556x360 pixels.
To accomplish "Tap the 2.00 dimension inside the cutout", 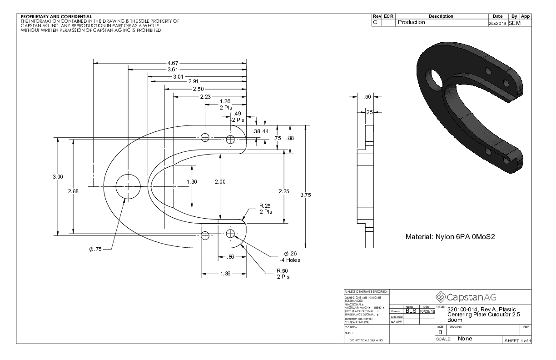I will click(x=220, y=182).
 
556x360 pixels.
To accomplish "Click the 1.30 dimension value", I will click(x=192, y=182).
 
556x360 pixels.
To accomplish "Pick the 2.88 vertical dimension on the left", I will click(x=73, y=191).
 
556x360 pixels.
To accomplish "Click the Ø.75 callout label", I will click(x=96, y=250).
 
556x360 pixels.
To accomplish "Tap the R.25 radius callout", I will click(x=266, y=208).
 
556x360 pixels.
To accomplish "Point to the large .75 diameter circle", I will click(x=128, y=186).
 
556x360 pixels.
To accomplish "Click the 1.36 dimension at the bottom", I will click(x=224, y=274).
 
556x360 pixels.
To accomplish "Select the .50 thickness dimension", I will click(x=368, y=97).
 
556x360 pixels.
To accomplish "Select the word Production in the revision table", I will click(x=412, y=22).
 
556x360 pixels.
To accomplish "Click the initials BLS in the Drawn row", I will click(x=411, y=311).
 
